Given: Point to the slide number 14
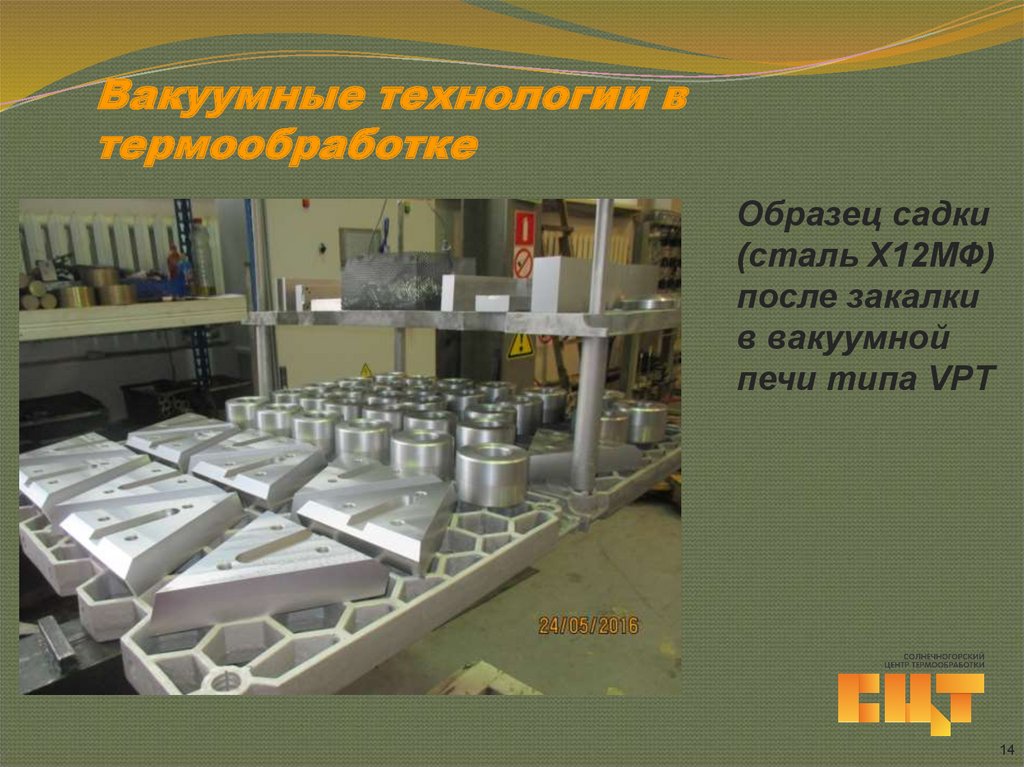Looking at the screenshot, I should (x=1006, y=750).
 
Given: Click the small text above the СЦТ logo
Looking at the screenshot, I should (x=936, y=660).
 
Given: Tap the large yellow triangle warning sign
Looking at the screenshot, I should (x=519, y=346).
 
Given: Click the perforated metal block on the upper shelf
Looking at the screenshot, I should (x=390, y=279).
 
